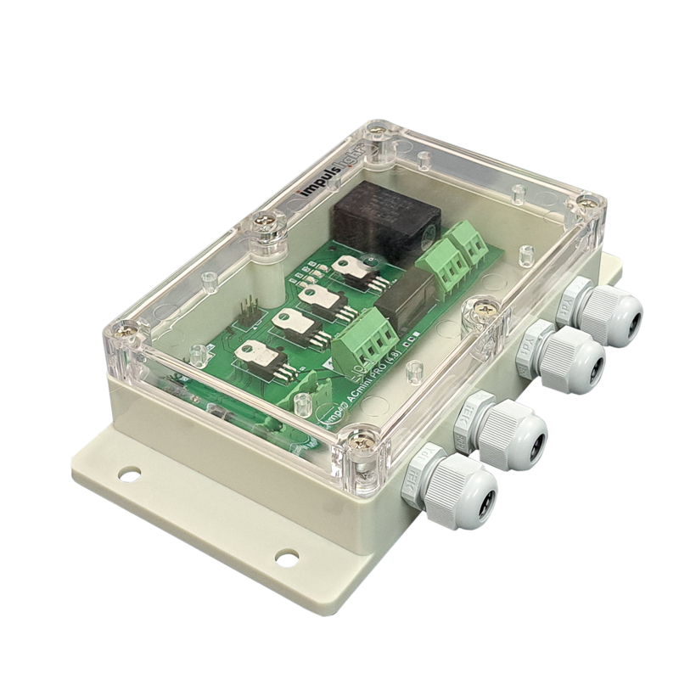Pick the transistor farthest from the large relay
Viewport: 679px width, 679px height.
[260, 356]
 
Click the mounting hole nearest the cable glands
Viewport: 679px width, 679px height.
[287, 558]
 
